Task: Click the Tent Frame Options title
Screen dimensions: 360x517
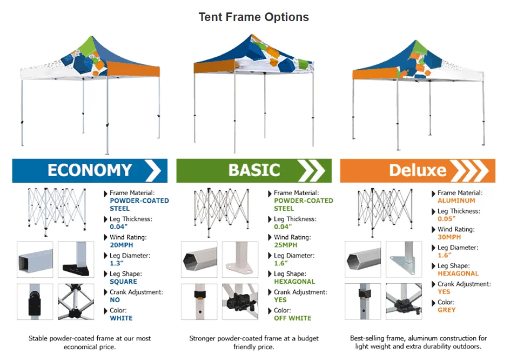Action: pos(253,17)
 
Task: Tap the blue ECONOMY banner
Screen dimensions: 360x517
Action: pos(89,170)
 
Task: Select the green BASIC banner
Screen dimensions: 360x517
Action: pos(254,170)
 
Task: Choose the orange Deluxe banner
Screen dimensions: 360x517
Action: pos(418,170)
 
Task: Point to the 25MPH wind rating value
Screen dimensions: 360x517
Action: pos(286,245)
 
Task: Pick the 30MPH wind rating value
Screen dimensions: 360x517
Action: pos(449,237)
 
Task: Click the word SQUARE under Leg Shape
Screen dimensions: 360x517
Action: pos(123,282)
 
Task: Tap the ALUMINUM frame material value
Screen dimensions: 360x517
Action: pos(456,201)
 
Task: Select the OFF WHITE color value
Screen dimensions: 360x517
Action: pos(293,318)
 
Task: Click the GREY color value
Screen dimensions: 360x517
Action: pos(447,310)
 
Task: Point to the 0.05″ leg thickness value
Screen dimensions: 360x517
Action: pos(447,219)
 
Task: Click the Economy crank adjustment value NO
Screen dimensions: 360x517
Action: pos(115,299)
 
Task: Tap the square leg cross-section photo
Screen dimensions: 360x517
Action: pos(35,259)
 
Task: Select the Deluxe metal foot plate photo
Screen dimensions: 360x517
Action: pos(403,259)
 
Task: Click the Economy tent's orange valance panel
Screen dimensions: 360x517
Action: pos(133,69)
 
